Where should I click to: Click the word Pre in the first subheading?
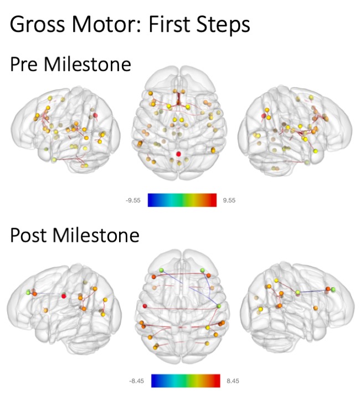pos(27,65)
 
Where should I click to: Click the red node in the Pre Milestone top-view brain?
pos(178,153)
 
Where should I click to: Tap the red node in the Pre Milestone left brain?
pos(95,115)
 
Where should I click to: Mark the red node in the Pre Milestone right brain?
pos(264,115)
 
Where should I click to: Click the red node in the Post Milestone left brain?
pos(64,297)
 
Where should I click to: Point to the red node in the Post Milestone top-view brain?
pos(146,306)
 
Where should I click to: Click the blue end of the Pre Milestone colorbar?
pos(151,200)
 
